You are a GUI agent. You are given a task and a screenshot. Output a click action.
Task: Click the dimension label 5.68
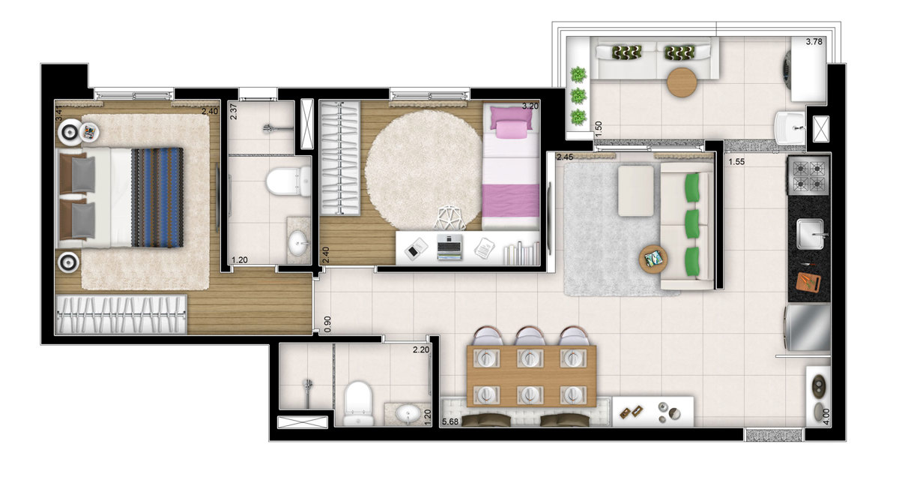pos(450,421)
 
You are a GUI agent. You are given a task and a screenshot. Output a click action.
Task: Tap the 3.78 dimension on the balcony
pos(814,41)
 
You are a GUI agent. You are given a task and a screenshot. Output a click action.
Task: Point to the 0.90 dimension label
pos(327,324)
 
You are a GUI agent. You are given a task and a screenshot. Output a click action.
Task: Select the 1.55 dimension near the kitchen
pos(736,161)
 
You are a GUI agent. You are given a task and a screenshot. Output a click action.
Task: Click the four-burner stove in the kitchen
pos(808,176)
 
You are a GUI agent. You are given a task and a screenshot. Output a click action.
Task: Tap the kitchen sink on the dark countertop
pos(811,234)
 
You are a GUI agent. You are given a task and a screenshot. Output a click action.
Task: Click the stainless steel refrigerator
pos(807,327)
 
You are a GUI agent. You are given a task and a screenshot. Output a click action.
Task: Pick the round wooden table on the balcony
pos(682,82)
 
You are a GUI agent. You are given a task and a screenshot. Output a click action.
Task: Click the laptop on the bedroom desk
pos(449,247)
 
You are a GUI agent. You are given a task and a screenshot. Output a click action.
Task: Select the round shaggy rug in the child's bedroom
pos(425,170)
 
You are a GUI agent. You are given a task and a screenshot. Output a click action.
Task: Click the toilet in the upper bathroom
pos(288,182)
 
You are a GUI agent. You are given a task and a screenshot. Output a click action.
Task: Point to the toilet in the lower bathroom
pos(358,403)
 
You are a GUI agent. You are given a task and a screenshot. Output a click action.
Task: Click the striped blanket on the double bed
pos(157,197)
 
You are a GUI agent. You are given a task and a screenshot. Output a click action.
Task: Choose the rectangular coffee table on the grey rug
pos(636,190)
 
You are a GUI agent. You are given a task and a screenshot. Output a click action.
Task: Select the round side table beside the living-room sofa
pos(653,259)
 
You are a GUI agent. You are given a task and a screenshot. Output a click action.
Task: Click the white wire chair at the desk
pos(450,218)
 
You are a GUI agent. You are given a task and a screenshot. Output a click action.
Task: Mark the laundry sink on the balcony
pos(790,128)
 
